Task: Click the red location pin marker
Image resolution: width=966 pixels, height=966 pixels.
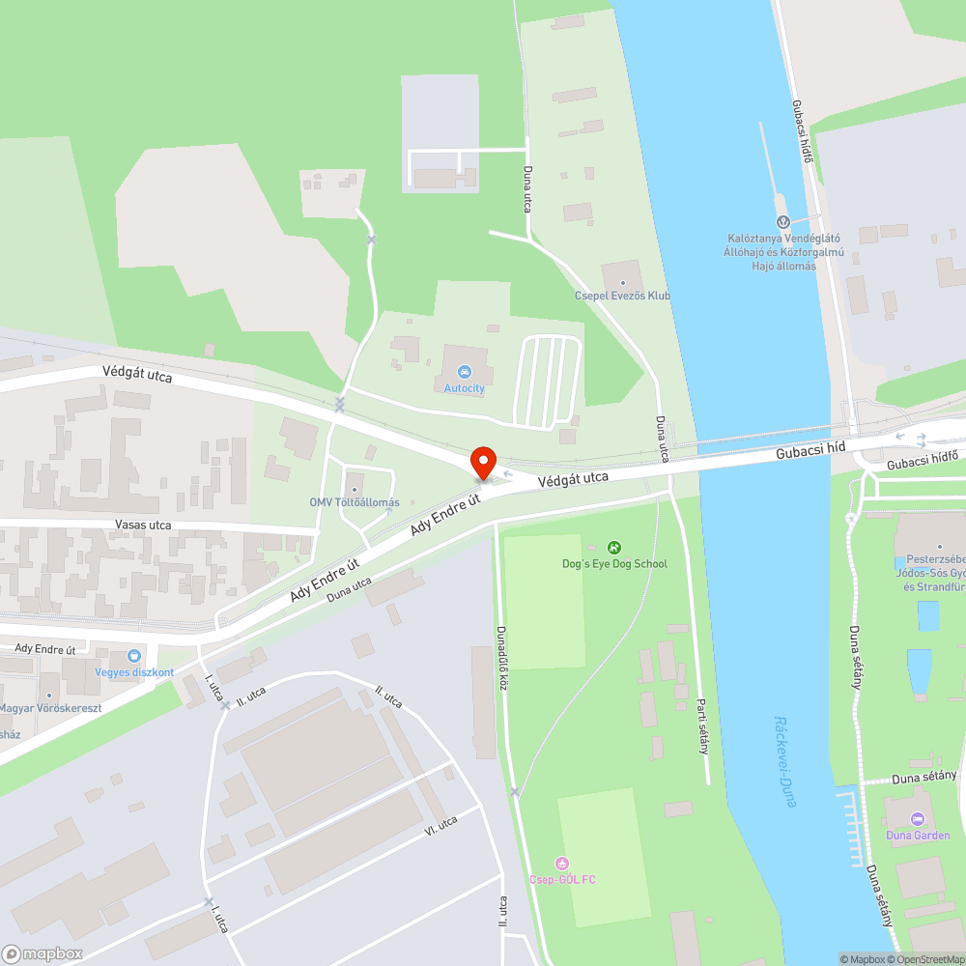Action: [x=482, y=462]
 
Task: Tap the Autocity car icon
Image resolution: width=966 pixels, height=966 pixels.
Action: [x=465, y=371]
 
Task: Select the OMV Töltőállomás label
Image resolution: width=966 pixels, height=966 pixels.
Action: [x=355, y=502]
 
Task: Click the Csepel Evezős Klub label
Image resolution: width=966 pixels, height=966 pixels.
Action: [x=622, y=296]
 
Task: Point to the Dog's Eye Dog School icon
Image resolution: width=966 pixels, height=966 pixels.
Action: [x=614, y=548]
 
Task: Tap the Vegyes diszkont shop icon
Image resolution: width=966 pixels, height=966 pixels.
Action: [x=134, y=656]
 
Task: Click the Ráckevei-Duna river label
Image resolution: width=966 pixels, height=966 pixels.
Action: [x=784, y=761]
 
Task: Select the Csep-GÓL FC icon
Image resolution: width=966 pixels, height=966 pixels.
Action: [x=562, y=863]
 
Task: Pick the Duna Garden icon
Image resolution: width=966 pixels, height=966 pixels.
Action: [x=918, y=818]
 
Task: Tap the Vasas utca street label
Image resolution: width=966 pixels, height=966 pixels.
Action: [x=143, y=526]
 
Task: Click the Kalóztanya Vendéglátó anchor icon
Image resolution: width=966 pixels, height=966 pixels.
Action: [x=782, y=222]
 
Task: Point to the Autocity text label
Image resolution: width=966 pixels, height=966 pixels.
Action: [x=465, y=387]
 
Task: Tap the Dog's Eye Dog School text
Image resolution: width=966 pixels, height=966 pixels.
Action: [x=614, y=563]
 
